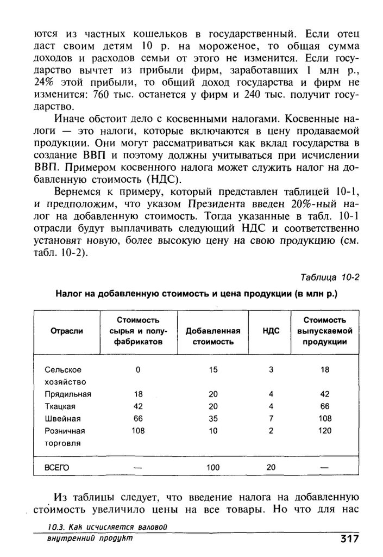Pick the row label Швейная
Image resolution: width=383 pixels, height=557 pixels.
(63, 418)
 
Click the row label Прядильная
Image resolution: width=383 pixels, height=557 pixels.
(68, 394)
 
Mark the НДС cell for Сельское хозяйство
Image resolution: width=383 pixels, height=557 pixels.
(271, 370)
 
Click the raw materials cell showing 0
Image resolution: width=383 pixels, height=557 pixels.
(138, 370)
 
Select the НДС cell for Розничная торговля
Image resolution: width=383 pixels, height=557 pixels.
(271, 431)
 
